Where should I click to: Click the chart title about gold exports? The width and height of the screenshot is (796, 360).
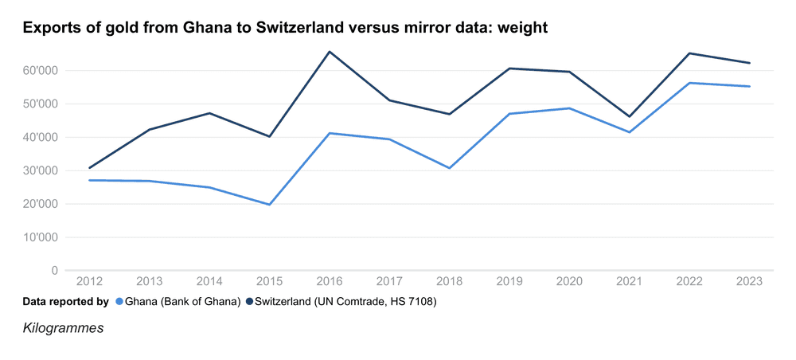tap(285, 28)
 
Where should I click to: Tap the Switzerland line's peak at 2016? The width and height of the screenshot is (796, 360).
tap(330, 52)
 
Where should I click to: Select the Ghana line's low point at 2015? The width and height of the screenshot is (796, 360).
tap(270, 205)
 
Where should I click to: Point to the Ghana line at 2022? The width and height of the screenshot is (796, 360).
tap(689, 83)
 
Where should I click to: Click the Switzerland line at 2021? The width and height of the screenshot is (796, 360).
tap(630, 116)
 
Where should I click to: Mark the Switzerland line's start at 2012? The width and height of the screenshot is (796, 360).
tap(90, 168)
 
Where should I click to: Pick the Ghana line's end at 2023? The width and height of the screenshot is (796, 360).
tap(750, 86)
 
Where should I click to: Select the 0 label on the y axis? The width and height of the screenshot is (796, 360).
tap(54, 271)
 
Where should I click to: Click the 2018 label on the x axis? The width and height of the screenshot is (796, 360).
tap(450, 281)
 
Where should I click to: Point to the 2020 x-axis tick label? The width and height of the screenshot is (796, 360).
tap(570, 281)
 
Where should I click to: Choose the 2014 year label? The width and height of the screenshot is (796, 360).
tap(210, 281)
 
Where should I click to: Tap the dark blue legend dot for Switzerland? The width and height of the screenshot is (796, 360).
tap(250, 302)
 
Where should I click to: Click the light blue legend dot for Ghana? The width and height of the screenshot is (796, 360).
tap(119, 302)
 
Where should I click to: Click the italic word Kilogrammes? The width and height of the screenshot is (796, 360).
tap(63, 327)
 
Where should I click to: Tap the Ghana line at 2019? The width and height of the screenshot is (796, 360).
tap(509, 114)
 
